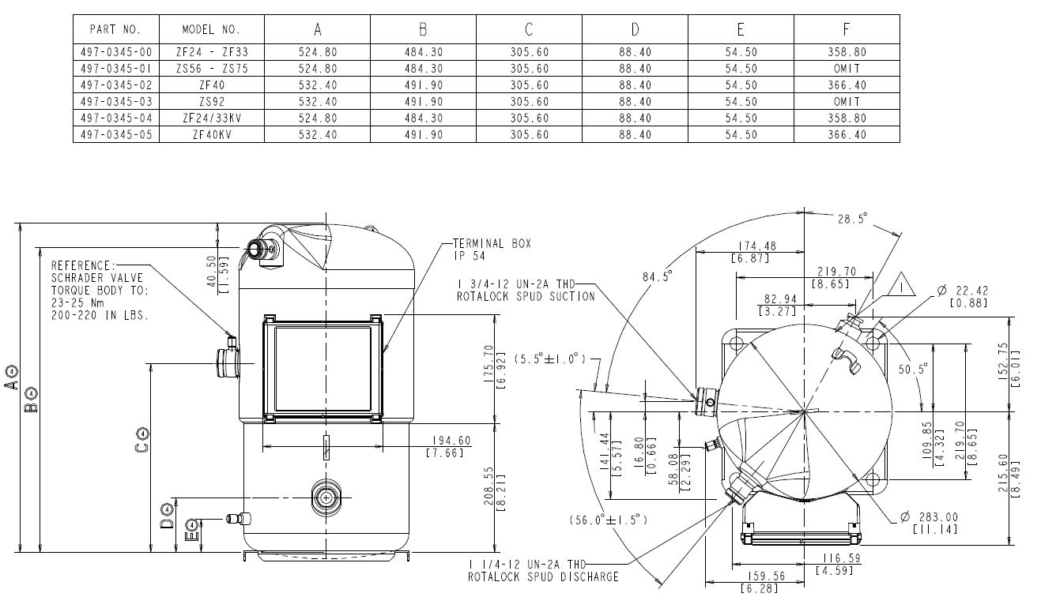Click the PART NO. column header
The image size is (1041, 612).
tap(115, 30)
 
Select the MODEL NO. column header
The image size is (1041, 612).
tap(210, 30)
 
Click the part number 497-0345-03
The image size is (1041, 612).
tap(115, 102)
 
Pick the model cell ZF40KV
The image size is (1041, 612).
tap(210, 135)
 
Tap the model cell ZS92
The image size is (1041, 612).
tap(210, 102)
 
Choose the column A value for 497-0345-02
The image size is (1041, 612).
tap(317, 85)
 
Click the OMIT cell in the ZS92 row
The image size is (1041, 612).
tap(846, 102)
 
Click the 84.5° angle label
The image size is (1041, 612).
tap(656, 276)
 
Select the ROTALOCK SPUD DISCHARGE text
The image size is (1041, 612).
tap(542, 577)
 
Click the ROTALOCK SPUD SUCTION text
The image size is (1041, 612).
tap(525, 296)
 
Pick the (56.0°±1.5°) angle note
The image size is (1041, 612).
tap(608, 520)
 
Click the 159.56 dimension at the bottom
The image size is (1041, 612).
tap(764, 576)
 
